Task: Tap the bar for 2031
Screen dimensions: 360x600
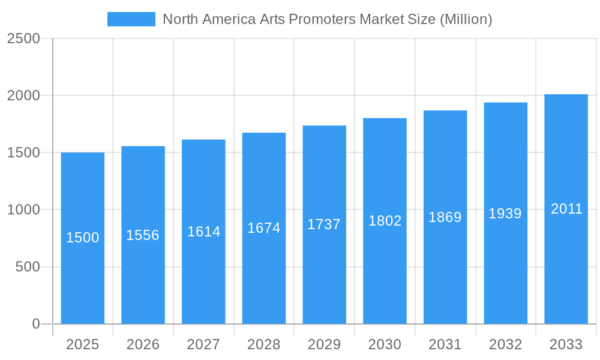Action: pyautogui.click(x=445, y=270)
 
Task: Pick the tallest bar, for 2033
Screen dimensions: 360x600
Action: pyautogui.click(x=566, y=270)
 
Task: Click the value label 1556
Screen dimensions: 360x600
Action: pyautogui.click(x=143, y=235)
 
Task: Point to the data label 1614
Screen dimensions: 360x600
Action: pyautogui.click(x=204, y=232)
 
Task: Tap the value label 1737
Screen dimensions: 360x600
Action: pyautogui.click(x=324, y=224)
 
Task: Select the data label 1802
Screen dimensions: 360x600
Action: pyautogui.click(x=385, y=221)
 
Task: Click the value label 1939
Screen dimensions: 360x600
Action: pyautogui.click(x=505, y=214)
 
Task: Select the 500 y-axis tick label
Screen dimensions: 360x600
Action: pyautogui.click(x=28, y=267)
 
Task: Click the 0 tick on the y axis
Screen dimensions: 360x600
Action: pyautogui.click(x=35, y=324)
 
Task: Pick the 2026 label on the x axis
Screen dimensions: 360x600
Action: pyautogui.click(x=143, y=344)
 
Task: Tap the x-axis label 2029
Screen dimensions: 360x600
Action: pyautogui.click(x=324, y=344)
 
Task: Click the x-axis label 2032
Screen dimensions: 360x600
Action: pyautogui.click(x=505, y=344)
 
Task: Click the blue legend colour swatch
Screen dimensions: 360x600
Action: pyautogui.click(x=131, y=19)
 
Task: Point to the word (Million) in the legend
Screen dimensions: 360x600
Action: pyautogui.click(x=466, y=19)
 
